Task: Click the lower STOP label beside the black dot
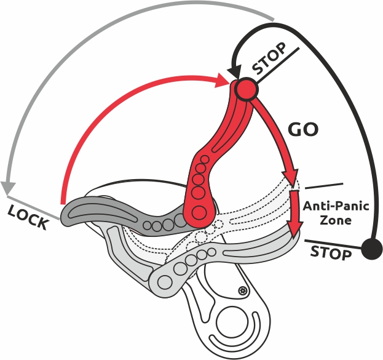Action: pyautogui.click(x=330, y=252)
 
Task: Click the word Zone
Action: pyautogui.click(x=336, y=220)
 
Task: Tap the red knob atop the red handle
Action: pyautogui.click(x=246, y=90)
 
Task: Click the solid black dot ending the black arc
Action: pyautogui.click(x=371, y=249)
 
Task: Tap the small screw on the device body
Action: pyautogui.click(x=242, y=290)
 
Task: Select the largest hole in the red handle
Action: pyautogui.click(x=199, y=213)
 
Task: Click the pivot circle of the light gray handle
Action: pyautogui.click(x=165, y=282)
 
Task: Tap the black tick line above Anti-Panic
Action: pyautogui.click(x=324, y=185)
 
